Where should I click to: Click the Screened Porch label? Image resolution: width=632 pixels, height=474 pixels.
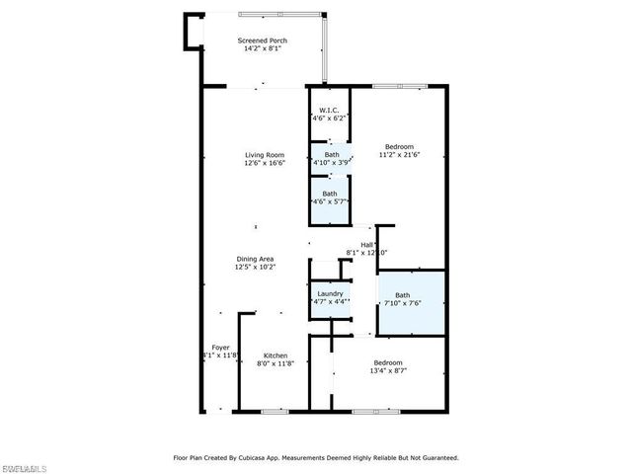(x=262, y=40)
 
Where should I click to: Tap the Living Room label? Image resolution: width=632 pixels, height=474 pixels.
(x=266, y=154)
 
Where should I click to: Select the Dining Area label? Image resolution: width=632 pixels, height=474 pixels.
(x=255, y=259)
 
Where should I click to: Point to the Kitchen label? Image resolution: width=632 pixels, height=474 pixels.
(x=276, y=355)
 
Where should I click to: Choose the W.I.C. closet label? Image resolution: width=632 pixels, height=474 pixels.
(x=329, y=111)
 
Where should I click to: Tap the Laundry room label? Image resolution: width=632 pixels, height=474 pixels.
(x=330, y=293)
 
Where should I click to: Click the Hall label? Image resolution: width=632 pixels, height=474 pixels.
(x=366, y=245)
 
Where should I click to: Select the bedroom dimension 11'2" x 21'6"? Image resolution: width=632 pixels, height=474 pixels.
(x=400, y=155)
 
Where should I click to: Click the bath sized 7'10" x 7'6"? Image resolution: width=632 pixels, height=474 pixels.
(x=403, y=303)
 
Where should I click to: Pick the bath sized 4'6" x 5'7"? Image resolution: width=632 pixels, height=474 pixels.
(x=331, y=201)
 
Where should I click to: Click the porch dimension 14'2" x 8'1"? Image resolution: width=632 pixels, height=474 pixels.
(x=262, y=48)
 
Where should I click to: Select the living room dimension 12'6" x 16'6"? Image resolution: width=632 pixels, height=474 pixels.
(x=266, y=163)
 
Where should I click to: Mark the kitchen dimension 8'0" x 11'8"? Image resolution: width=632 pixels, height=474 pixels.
(x=276, y=363)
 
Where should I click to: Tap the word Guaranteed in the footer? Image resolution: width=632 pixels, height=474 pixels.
(x=434, y=457)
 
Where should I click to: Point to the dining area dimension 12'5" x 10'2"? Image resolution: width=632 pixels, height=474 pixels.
(x=255, y=267)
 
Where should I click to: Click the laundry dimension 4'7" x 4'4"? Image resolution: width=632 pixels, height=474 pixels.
(x=330, y=301)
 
